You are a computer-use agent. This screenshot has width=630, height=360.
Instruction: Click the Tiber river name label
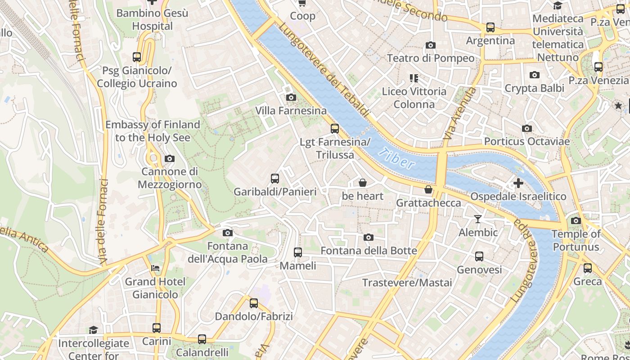(396, 158)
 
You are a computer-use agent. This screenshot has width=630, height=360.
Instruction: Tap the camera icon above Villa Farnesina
(291, 97)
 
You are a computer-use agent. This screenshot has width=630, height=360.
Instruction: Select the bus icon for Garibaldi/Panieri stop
(275, 179)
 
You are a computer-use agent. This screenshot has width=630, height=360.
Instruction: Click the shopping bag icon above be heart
(363, 183)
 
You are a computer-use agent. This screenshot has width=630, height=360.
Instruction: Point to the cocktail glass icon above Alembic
(478, 219)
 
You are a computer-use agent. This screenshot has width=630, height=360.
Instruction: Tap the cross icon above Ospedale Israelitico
(518, 183)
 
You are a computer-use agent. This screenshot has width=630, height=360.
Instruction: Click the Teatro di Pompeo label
(431, 58)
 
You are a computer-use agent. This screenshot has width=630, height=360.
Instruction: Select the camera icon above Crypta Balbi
(535, 75)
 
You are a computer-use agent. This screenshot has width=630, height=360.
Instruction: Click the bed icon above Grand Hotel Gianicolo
(155, 268)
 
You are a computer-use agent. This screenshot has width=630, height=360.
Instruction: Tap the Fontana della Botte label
(369, 251)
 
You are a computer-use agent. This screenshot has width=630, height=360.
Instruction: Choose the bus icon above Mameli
(298, 252)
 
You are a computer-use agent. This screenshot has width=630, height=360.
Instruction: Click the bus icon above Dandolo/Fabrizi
(254, 303)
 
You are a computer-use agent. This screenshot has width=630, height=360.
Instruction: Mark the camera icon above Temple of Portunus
(576, 220)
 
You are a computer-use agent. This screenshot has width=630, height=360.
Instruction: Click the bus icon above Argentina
(490, 27)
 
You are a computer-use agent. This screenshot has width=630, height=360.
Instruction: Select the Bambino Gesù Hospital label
(152, 19)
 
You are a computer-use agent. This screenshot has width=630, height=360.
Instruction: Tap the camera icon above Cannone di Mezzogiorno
(170, 158)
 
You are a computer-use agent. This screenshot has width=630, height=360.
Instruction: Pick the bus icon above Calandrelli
(202, 339)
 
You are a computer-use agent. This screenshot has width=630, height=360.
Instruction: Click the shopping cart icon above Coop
(302, 3)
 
